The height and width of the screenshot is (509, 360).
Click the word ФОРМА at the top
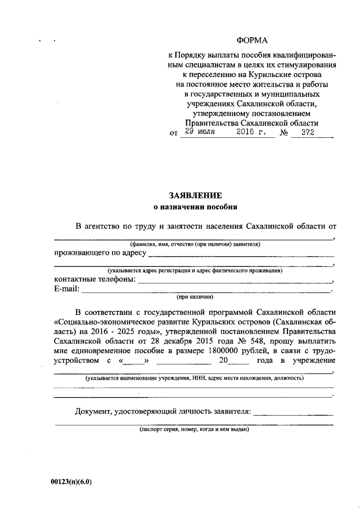click(x=252, y=40)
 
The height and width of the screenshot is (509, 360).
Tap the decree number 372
click(x=307, y=133)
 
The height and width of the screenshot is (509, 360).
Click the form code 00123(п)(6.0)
click(x=70, y=481)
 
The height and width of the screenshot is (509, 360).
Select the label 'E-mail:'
click(x=67, y=289)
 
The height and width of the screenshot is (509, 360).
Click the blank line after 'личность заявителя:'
click(x=293, y=413)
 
